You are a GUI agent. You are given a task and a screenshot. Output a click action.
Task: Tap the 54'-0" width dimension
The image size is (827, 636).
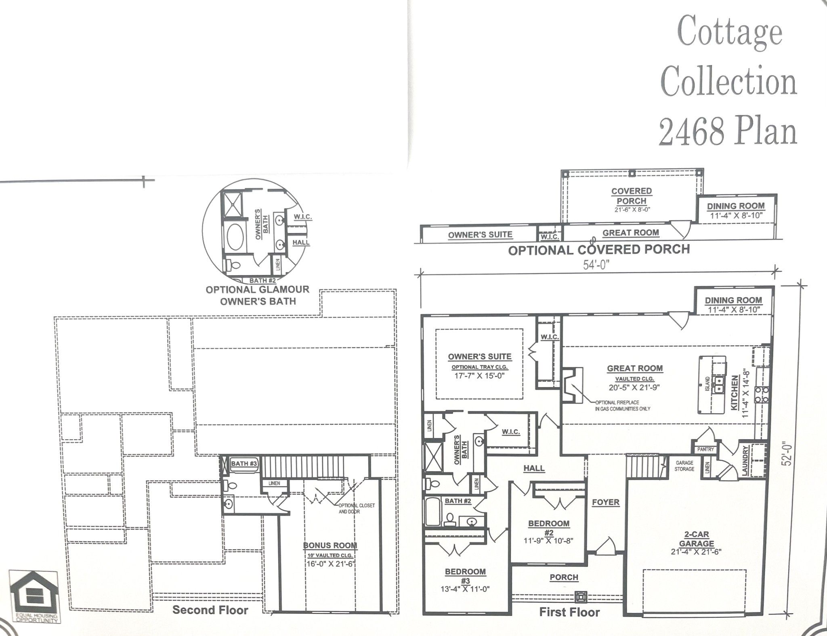(596, 264)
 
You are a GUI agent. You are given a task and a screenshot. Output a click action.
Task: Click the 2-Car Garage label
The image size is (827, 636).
(697, 539)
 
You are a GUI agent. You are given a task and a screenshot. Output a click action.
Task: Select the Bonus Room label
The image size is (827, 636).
(330, 545)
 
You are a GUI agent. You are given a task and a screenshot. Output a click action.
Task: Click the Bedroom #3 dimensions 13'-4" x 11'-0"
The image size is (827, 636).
(465, 589)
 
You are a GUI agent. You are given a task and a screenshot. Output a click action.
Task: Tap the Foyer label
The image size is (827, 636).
(605, 502)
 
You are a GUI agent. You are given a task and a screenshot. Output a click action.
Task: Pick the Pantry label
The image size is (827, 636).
(705, 449)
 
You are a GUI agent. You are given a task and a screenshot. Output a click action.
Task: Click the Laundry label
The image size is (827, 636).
(745, 460)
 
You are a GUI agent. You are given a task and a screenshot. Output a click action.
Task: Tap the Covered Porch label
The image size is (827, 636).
(632, 196)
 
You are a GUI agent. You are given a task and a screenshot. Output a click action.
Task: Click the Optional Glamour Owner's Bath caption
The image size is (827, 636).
(258, 295)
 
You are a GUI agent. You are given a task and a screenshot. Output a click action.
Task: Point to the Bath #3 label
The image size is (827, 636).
(244, 463)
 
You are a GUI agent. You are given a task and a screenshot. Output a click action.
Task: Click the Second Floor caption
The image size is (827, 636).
(210, 610)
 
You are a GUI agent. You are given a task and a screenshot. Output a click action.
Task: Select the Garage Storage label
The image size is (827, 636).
(684, 466)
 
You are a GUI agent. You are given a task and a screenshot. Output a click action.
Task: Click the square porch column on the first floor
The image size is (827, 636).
(580, 596)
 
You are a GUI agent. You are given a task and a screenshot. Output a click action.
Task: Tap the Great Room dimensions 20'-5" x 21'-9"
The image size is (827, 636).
(634, 387)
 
